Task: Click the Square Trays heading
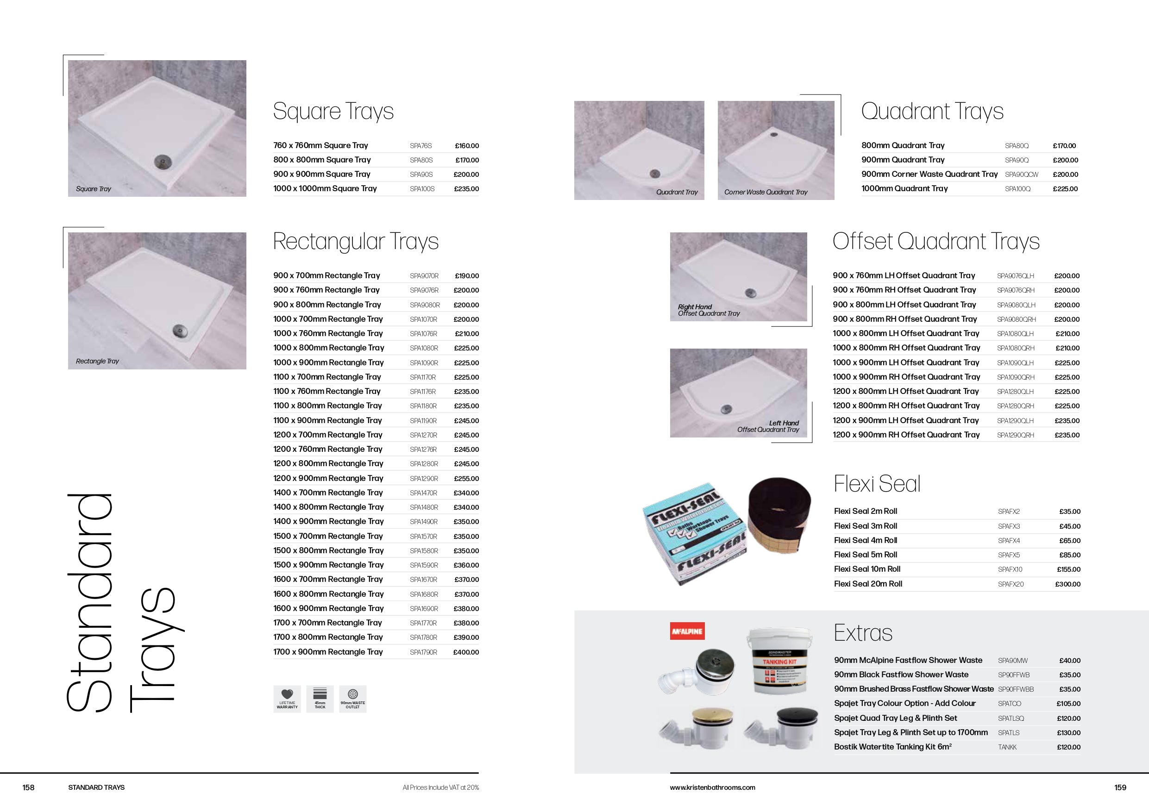point(333,112)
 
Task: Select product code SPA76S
point(421,145)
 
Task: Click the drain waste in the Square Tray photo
point(162,161)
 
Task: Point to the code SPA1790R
point(423,652)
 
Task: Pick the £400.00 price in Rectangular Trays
point(465,652)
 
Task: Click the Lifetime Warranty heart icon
point(287,694)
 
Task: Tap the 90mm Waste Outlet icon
point(353,694)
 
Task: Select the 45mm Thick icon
point(320,694)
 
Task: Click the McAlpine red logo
point(687,631)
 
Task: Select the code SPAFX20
point(1011,584)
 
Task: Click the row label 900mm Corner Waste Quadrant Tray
point(929,174)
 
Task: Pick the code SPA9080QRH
point(1016,319)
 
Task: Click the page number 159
point(1120,787)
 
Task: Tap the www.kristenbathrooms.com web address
point(712,787)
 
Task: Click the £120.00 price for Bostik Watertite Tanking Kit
point(1068,748)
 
